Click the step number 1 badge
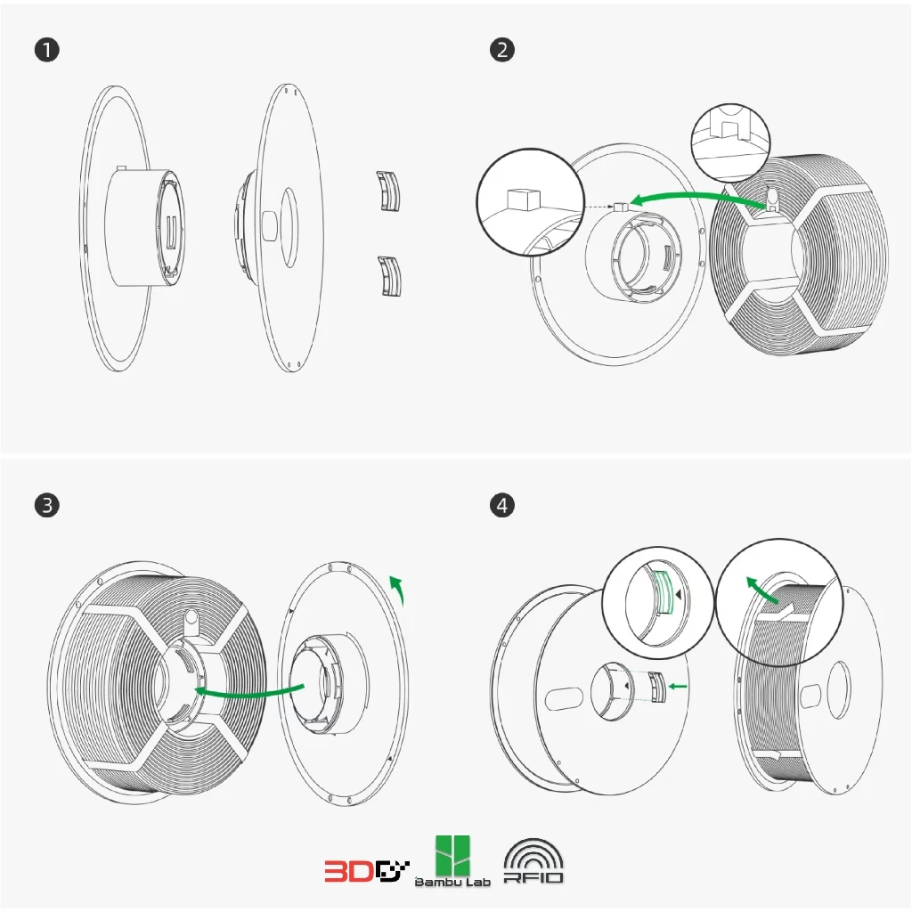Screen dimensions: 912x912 [x=47, y=50]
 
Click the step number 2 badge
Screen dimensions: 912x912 [x=502, y=50]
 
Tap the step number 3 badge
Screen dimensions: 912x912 [x=47, y=505]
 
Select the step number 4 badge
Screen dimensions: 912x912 [x=502, y=505]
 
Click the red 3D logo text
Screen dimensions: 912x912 [x=349, y=871]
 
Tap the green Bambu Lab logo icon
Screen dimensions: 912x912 [x=453, y=856]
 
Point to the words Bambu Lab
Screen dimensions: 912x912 [x=452, y=883]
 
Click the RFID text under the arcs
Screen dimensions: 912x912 [x=533, y=877]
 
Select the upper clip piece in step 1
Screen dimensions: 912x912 [x=389, y=191]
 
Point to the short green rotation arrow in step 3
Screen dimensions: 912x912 [x=399, y=589]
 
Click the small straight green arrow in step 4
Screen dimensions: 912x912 [x=678, y=687]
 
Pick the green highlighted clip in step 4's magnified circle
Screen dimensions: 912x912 [x=664, y=592]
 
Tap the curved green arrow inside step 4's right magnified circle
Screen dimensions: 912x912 [x=761, y=590]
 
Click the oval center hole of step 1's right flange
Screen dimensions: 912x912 [x=289, y=227]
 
